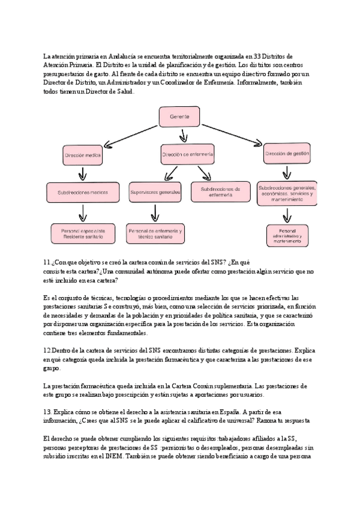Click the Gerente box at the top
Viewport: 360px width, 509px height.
(x=178, y=116)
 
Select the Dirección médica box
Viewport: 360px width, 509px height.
(x=83, y=155)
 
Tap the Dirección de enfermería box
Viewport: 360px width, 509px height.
(x=187, y=154)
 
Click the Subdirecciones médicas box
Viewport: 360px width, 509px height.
(x=82, y=192)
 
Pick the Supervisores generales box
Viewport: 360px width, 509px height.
(x=155, y=192)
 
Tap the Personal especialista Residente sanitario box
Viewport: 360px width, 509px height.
(x=83, y=233)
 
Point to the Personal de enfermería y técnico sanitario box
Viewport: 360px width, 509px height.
(x=156, y=233)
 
